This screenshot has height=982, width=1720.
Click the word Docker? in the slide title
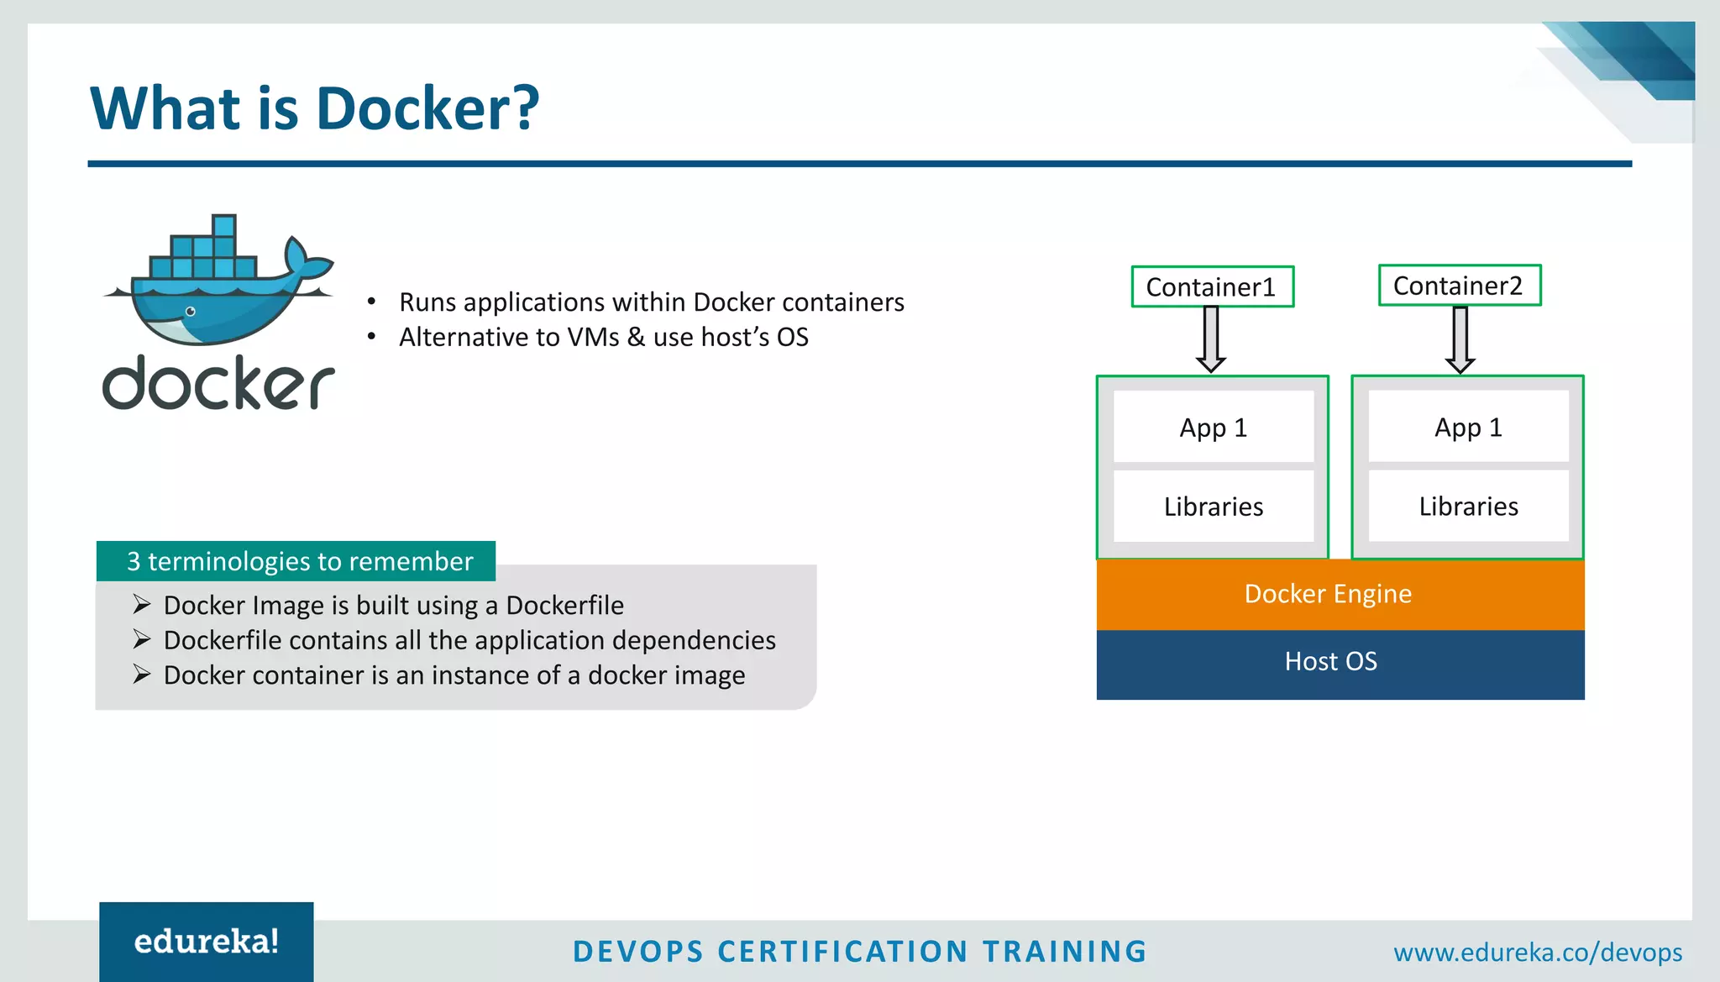(427, 109)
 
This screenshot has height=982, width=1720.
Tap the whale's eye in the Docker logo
(191, 312)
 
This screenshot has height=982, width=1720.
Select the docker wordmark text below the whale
(218, 383)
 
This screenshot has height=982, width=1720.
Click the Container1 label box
(1212, 287)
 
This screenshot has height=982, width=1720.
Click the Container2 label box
(1459, 286)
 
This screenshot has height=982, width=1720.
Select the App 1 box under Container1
(1213, 427)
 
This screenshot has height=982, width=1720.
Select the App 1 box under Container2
(1468, 427)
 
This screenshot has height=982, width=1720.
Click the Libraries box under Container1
(1213, 507)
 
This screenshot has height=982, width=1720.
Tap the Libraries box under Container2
(1468, 507)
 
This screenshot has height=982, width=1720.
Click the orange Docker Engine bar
(1340, 594)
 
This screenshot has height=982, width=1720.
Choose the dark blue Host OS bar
(1340, 662)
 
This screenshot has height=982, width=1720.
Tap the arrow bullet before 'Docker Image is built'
(141, 604)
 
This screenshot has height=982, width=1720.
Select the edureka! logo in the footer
(207, 942)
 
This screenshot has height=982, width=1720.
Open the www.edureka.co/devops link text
(1537, 953)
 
